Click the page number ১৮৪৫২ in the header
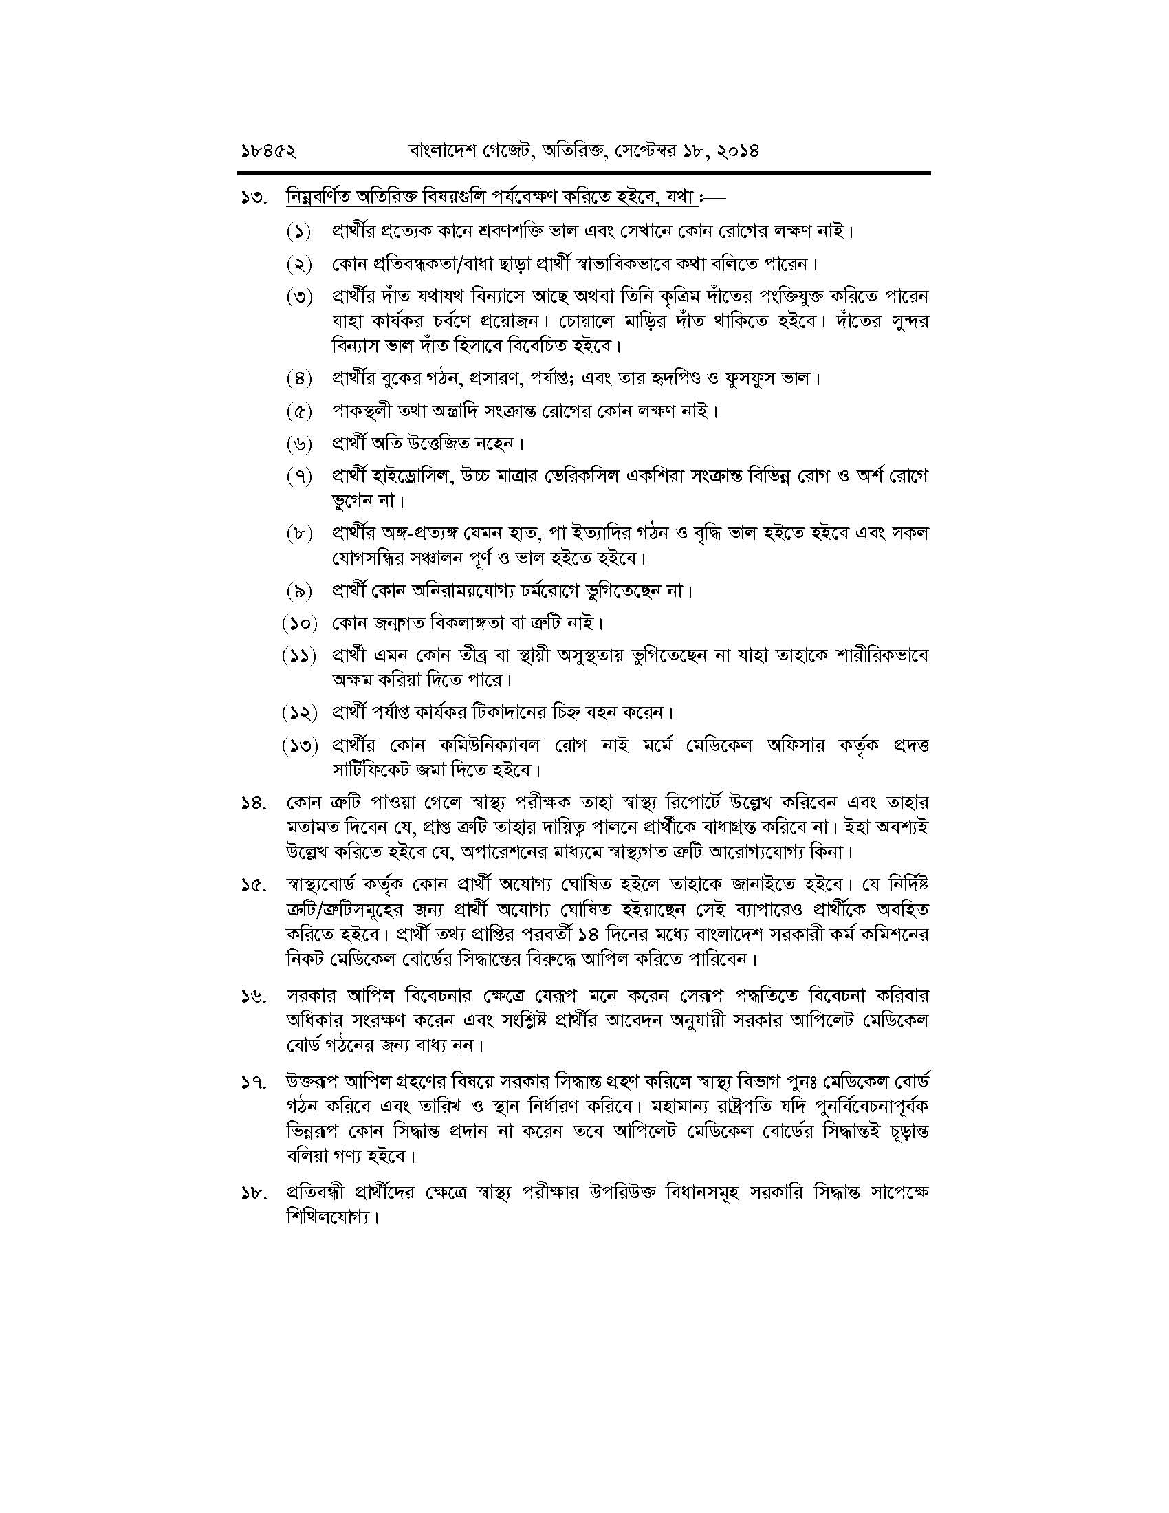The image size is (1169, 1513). click(x=267, y=150)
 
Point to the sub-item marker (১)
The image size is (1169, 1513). click(x=298, y=230)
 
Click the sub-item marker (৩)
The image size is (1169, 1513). click(x=298, y=297)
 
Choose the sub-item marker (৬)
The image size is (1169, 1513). click(x=298, y=443)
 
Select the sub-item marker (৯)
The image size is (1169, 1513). click(x=298, y=591)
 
